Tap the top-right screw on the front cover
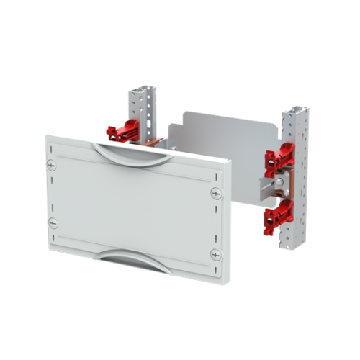pyautogui.click(x=217, y=194)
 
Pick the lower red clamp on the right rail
pyautogui.click(x=277, y=215)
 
